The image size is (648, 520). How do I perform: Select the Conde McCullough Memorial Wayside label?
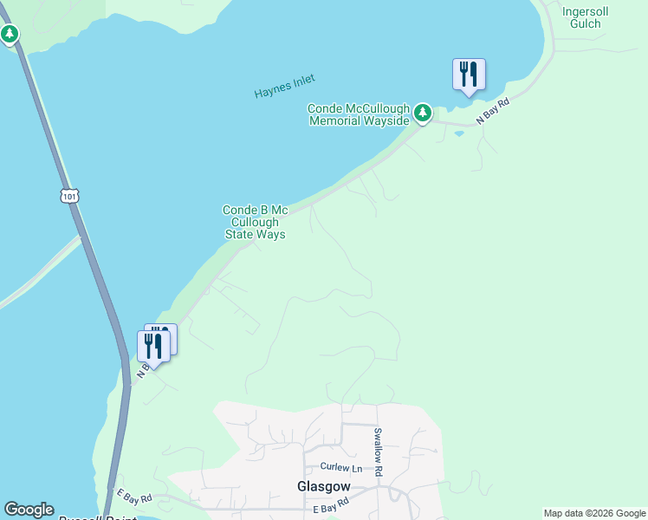(359, 114)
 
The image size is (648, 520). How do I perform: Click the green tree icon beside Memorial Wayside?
(422, 113)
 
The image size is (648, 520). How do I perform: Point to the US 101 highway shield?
(70, 196)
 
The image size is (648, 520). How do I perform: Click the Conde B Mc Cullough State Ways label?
(255, 222)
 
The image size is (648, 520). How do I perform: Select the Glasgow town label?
(322, 486)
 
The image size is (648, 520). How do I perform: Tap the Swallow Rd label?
(377, 452)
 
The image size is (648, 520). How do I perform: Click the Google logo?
(29, 510)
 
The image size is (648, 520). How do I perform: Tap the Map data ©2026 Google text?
(594, 513)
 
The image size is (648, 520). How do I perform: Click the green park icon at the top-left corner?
(10, 35)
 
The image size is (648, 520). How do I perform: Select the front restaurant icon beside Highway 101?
(153, 346)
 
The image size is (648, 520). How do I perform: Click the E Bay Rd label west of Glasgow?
(134, 497)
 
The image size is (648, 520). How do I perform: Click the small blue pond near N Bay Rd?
(458, 133)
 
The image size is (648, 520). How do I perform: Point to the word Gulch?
(586, 23)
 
